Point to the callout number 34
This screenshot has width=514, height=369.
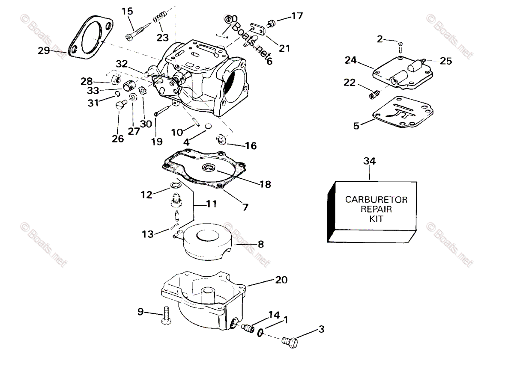pyautogui.click(x=369, y=161)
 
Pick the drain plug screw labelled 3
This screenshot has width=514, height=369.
pyautogui.click(x=290, y=340)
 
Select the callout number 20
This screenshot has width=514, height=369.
pyautogui.click(x=281, y=280)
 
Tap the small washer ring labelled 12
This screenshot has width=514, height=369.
pyautogui.click(x=175, y=185)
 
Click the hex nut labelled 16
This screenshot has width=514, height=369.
pyautogui.click(x=222, y=139)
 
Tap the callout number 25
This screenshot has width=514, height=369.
pyautogui.click(x=445, y=61)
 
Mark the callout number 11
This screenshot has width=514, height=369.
pyautogui.click(x=211, y=204)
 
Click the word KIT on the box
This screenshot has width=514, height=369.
pyautogui.click(x=377, y=218)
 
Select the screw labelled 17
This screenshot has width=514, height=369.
pyautogui.click(x=271, y=22)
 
